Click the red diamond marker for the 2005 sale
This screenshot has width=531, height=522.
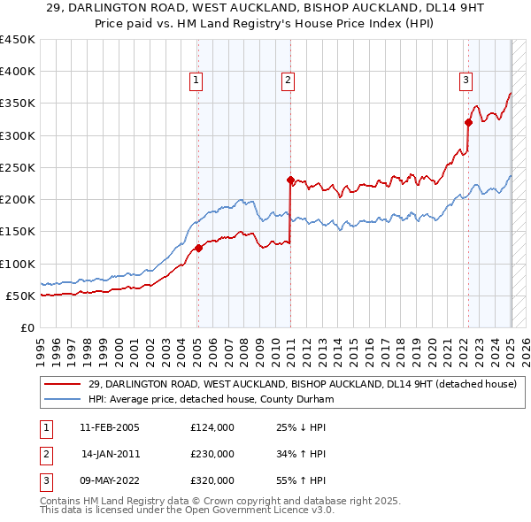(198, 248)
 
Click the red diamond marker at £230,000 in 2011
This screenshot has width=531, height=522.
(290, 180)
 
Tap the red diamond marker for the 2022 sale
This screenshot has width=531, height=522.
(468, 123)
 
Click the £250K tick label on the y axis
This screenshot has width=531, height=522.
(18, 167)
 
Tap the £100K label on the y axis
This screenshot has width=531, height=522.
(18, 264)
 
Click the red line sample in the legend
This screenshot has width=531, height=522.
(63, 384)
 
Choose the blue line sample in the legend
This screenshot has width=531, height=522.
(63, 399)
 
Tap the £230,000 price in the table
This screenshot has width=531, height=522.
(212, 454)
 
